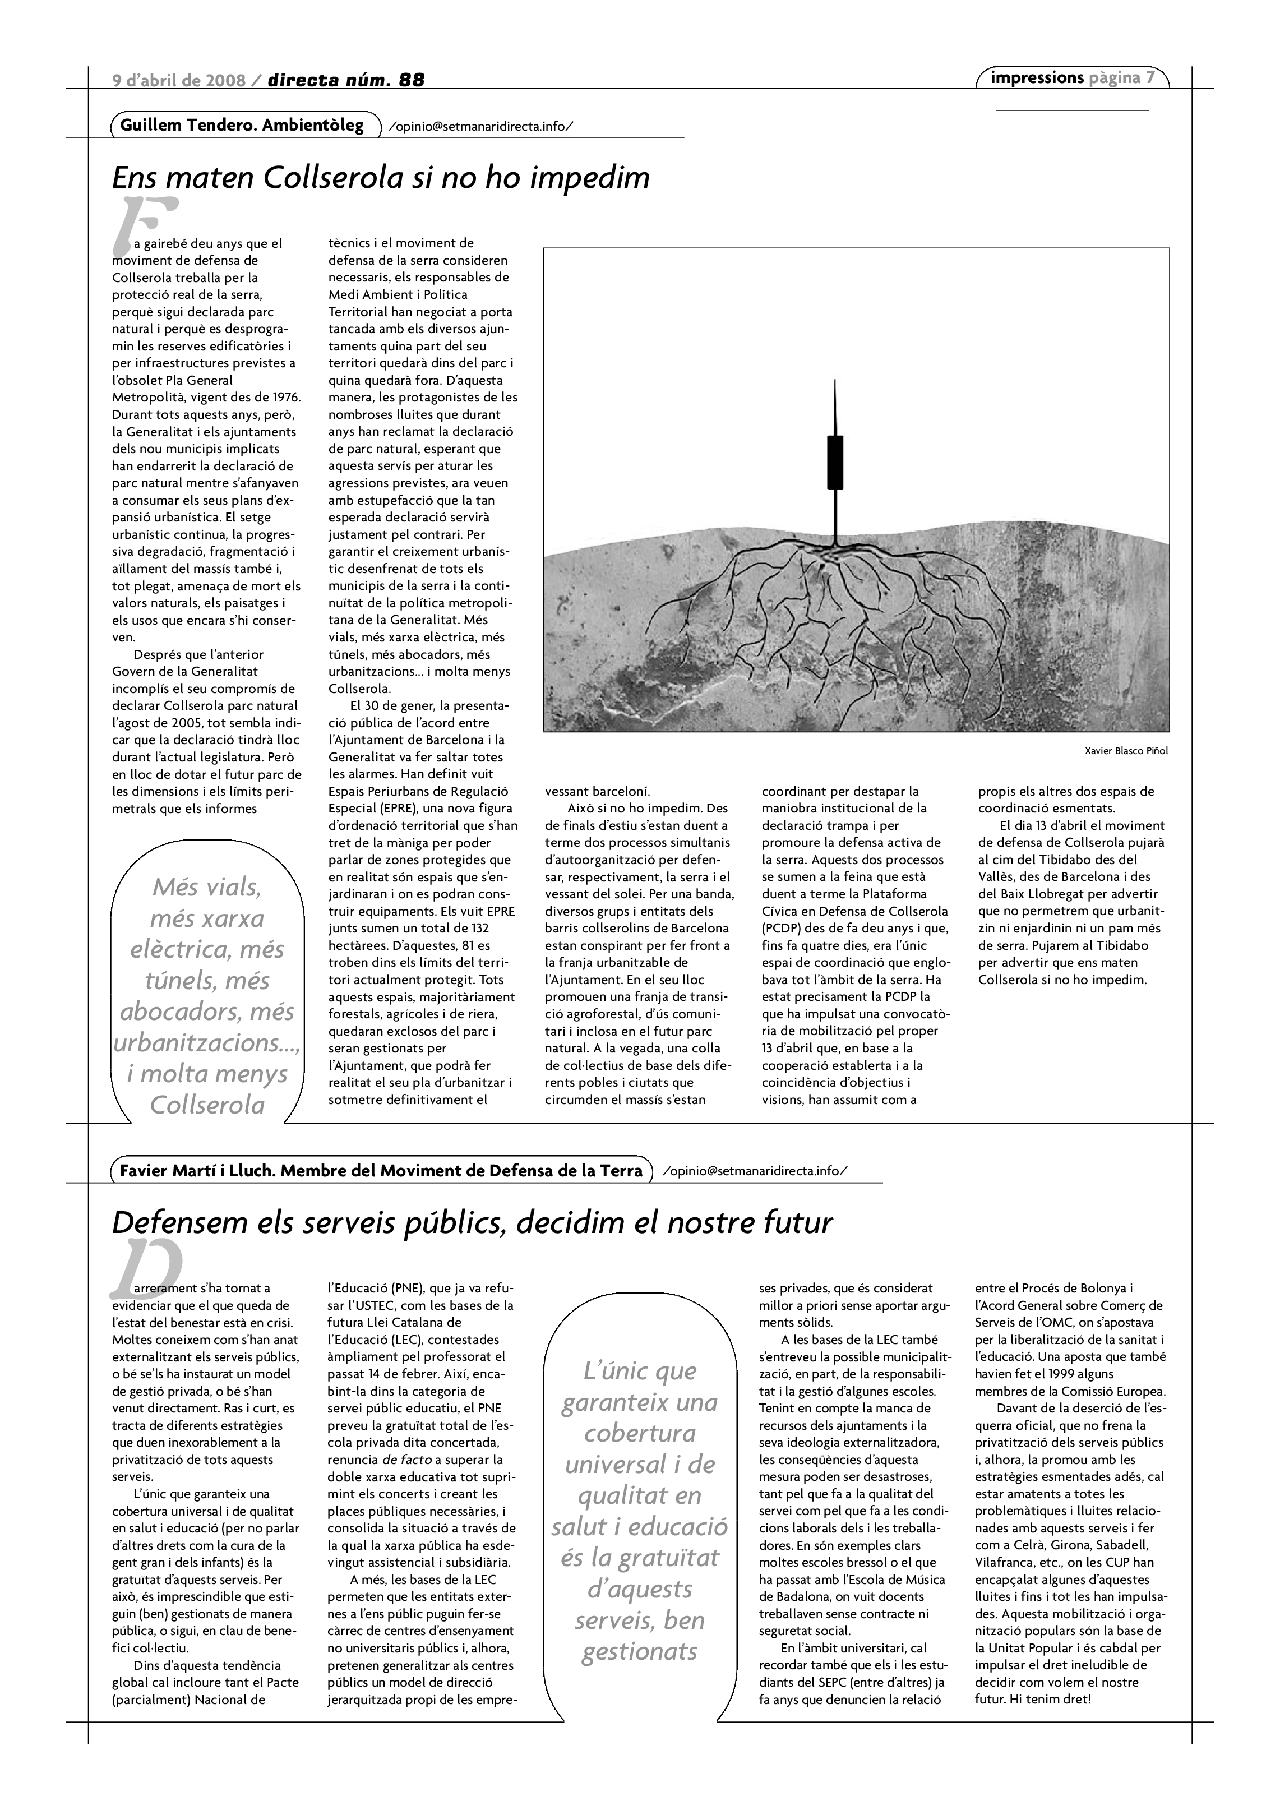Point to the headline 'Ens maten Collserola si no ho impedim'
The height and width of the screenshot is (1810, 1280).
coord(381,177)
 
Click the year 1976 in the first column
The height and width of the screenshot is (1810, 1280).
coord(285,398)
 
